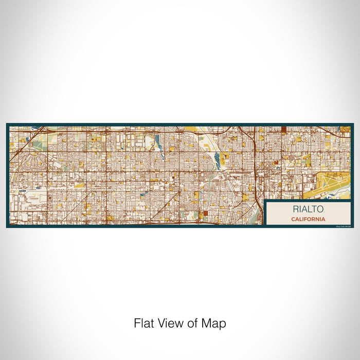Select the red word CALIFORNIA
[x=308, y=219]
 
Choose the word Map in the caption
[x=213, y=323]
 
